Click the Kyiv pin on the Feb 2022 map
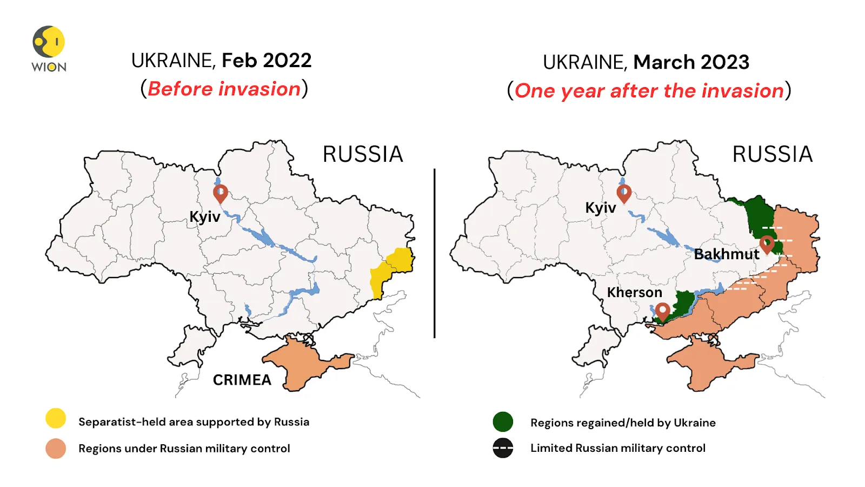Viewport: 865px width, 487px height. coord(221,193)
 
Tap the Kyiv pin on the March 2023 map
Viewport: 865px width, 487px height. coord(624,193)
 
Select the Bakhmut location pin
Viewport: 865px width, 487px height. coord(767,244)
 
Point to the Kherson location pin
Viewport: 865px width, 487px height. coord(663,311)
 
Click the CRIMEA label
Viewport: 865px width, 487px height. coord(242,380)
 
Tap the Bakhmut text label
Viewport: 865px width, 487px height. coord(726,254)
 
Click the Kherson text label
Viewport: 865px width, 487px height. coord(634,293)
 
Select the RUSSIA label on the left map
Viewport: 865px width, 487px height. coord(363,154)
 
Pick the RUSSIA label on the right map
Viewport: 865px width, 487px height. coord(772,154)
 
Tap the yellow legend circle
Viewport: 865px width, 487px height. coord(56,418)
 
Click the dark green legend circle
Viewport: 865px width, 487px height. coord(503,422)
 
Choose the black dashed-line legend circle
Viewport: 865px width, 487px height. coord(503,448)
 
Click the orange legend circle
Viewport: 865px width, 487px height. coord(56,449)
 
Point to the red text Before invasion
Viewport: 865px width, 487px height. coord(224,89)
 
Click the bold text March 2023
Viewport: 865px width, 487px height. coord(691,62)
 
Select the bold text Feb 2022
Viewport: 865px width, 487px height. coord(267,61)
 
